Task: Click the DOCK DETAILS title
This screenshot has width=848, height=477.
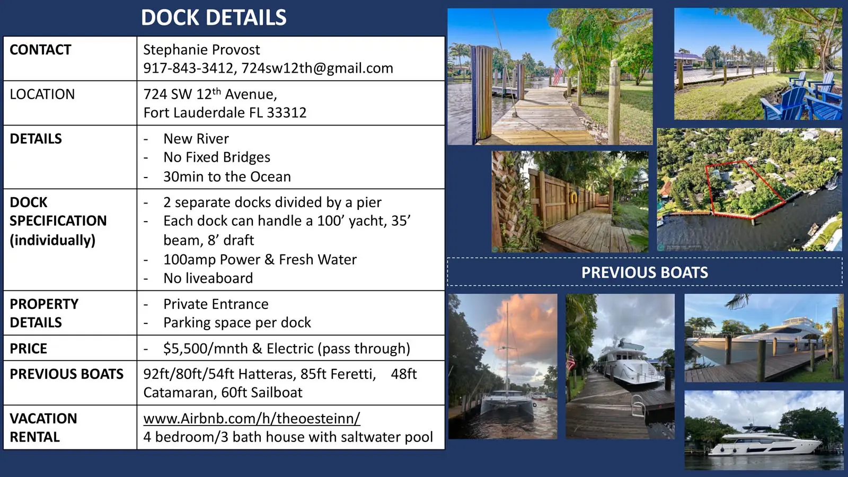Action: tap(214, 17)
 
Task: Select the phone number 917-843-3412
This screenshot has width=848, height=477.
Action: tap(188, 68)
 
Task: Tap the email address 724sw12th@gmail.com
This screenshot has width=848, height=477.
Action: tap(317, 68)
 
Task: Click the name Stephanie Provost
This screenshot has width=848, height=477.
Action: tap(201, 50)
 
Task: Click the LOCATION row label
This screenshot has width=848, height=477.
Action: tap(42, 94)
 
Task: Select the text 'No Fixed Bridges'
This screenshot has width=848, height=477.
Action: tap(217, 157)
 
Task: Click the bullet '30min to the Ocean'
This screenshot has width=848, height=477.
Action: tap(227, 176)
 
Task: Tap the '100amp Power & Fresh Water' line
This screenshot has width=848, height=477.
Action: tap(260, 259)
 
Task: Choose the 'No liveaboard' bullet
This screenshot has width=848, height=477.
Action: tap(208, 278)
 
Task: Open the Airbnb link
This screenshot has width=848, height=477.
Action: tap(252, 418)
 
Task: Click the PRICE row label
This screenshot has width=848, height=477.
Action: tap(29, 348)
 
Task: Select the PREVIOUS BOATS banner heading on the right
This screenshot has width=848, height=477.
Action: tap(644, 272)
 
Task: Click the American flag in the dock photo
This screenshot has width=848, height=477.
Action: tap(558, 75)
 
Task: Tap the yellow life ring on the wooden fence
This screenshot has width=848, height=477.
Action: tap(573, 197)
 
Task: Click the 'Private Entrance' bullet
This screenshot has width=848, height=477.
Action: tap(216, 304)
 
